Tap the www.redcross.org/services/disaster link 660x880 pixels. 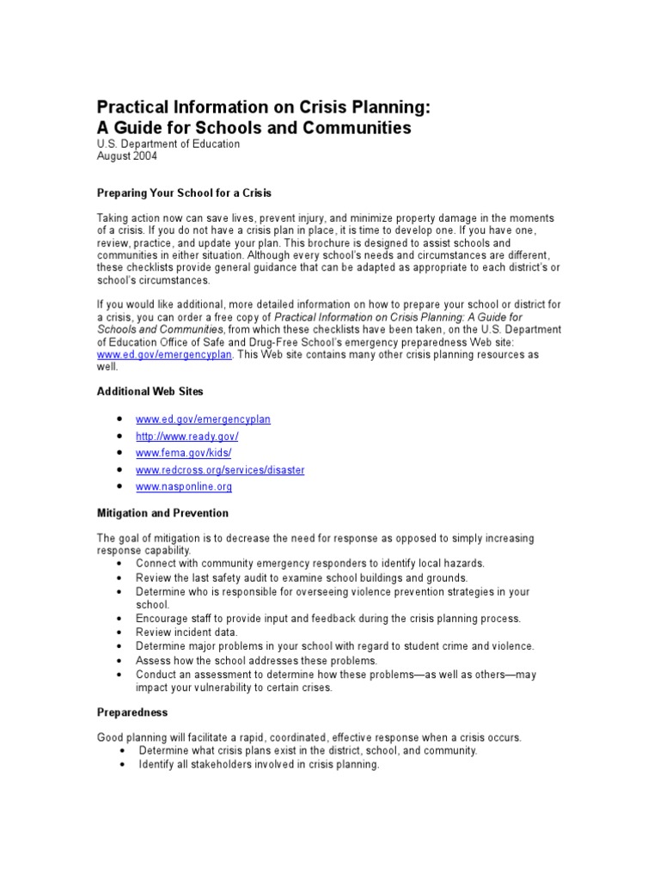click(220, 470)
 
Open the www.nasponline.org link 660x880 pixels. click(183, 486)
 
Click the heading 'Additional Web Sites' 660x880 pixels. click(150, 391)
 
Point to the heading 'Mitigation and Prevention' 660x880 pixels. click(162, 513)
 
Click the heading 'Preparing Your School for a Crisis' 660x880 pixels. click(184, 192)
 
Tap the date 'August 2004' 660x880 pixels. click(126, 156)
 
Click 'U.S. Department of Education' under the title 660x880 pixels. click(168, 144)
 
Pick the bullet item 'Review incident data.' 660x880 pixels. click(186, 632)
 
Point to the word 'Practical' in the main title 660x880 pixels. click(136, 107)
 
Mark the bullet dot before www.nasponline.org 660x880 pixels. click(117, 487)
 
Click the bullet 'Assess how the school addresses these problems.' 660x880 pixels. click(256, 660)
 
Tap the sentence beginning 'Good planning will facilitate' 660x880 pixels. click(309, 737)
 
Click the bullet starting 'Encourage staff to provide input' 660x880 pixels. click(327, 619)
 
